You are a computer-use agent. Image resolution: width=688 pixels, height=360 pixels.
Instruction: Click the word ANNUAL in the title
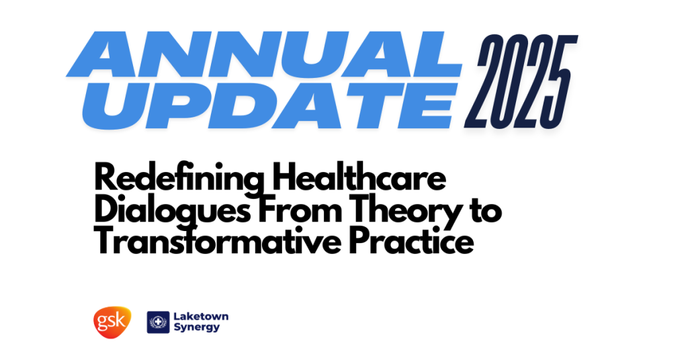[x=263, y=54]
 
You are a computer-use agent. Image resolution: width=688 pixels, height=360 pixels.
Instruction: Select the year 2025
[x=521, y=81]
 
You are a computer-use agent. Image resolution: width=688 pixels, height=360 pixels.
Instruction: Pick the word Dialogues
[x=173, y=211]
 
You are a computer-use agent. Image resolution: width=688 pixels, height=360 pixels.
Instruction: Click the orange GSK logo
[x=112, y=322]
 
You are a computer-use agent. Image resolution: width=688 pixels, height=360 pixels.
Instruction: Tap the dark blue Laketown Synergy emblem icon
[x=158, y=322]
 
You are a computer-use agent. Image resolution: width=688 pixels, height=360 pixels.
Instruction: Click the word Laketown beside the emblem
[x=201, y=316]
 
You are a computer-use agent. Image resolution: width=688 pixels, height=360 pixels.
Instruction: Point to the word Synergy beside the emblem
[x=197, y=328]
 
